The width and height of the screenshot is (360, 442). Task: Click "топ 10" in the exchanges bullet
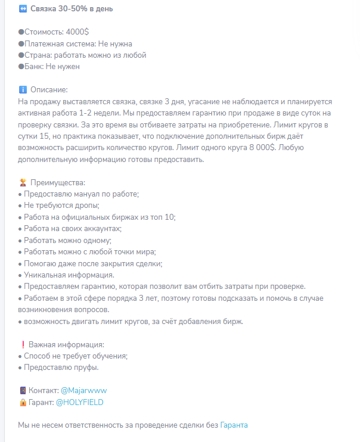pyautogui.click(x=161, y=217)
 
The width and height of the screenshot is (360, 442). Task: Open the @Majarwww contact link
pyautogui.click(x=83, y=391)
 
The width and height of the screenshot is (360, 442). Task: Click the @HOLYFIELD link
pyautogui.click(x=79, y=402)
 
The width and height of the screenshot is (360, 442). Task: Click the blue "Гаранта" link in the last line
pyautogui.click(x=234, y=425)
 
